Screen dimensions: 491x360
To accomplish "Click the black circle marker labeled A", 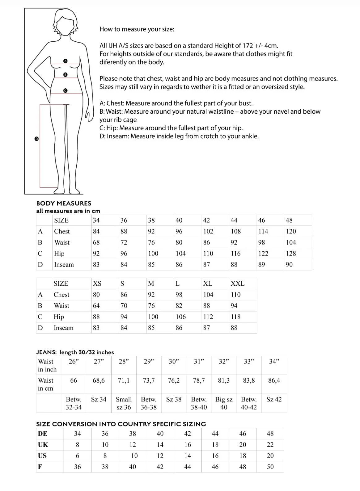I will click(65, 61).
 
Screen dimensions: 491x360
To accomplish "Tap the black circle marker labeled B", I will click(65, 75).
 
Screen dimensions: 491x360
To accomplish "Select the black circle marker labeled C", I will click(65, 90).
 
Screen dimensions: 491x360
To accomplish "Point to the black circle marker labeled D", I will click(36, 139).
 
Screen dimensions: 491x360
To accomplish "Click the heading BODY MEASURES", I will click(64, 203).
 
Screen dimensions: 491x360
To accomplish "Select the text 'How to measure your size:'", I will click(137, 29).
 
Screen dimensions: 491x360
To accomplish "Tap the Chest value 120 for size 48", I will click(291, 231).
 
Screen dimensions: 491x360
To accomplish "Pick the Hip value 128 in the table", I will click(291, 254).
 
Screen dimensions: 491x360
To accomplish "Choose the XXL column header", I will click(237, 283).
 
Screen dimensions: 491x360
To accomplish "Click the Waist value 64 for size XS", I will click(96, 306).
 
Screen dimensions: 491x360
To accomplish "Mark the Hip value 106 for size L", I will click(181, 317).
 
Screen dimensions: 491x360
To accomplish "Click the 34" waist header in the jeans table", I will click(274, 362).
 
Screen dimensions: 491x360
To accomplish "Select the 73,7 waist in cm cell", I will click(149, 380).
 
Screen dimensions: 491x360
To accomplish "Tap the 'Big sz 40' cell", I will click(224, 403).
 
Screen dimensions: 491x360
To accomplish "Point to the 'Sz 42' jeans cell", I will click(274, 399).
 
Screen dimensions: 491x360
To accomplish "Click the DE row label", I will click(43, 434).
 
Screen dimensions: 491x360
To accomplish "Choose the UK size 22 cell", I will click(270, 445).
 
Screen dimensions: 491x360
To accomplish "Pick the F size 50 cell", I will click(270, 467).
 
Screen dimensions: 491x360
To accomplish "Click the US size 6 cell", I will click(78, 456).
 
